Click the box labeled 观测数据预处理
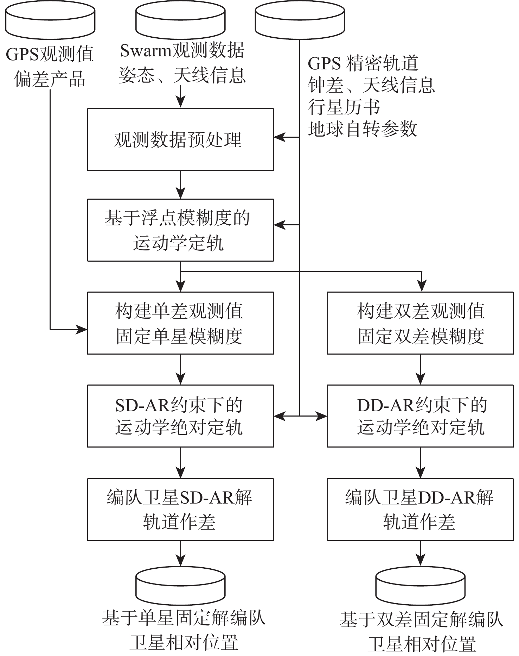click(x=180, y=139)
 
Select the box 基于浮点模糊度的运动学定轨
click(x=180, y=230)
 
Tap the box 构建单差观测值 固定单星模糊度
click(x=180, y=323)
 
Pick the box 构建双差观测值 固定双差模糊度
click(x=420, y=323)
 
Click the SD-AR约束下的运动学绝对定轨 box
click(x=180, y=416)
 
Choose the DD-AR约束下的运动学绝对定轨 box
click(x=420, y=416)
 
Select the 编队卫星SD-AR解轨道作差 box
click(x=180, y=510)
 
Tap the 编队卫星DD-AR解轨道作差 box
click(x=420, y=510)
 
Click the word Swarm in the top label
click(x=145, y=51)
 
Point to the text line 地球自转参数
click(x=362, y=129)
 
